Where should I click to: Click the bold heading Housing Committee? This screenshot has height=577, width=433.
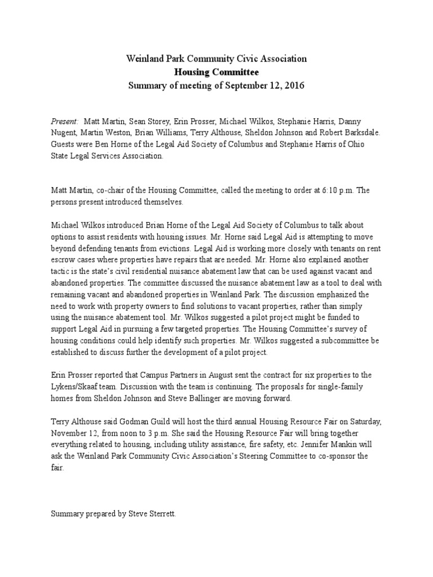216,72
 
